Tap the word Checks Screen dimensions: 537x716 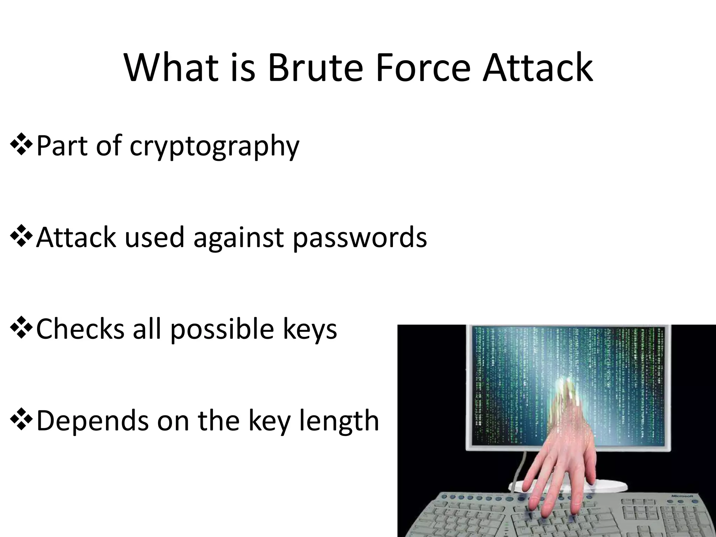80,329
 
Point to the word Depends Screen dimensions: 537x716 93,421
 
